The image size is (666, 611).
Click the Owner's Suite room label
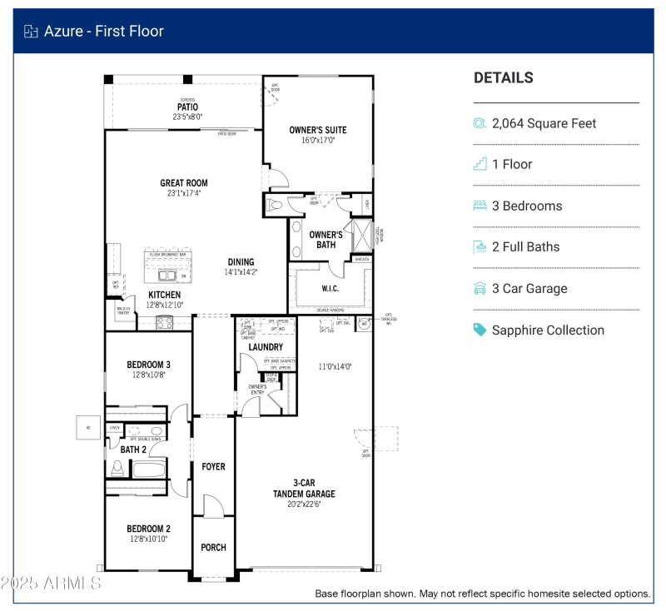coord(317,130)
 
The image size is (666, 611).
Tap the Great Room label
coord(184,183)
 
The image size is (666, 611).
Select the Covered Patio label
coord(187,107)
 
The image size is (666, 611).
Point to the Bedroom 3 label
coord(148,365)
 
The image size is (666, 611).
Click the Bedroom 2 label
coord(148,529)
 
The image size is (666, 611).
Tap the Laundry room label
coord(266,346)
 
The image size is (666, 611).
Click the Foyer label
coord(213,467)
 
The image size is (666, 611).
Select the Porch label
coord(213,548)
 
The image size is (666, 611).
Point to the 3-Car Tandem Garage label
coord(303,488)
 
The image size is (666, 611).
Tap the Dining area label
coord(241,262)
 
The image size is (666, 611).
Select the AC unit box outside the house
coord(87,428)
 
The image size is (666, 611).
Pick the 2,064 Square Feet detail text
coord(544,123)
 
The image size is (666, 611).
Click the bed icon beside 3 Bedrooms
coord(480,206)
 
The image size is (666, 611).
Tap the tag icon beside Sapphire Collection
coord(480,330)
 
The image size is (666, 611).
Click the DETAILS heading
coord(503,78)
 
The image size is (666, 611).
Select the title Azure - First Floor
coord(104,32)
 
